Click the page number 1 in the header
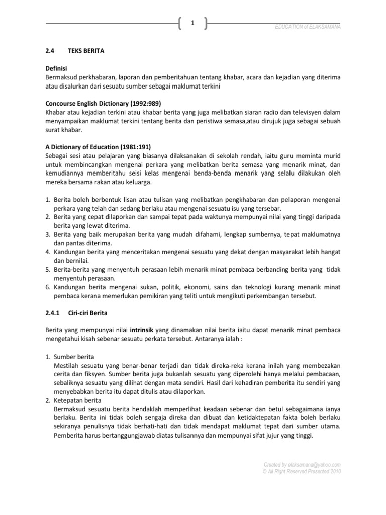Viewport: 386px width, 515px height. (192, 23)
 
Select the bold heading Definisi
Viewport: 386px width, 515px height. (56, 68)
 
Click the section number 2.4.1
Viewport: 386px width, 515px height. (53, 313)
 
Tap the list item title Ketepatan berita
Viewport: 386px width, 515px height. (78, 400)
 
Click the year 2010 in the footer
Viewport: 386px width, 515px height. (334, 472)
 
